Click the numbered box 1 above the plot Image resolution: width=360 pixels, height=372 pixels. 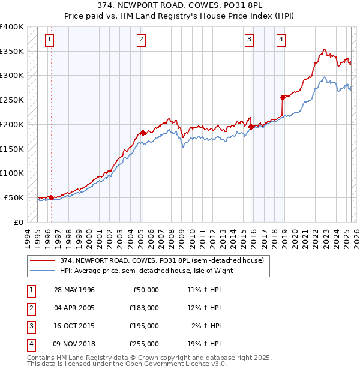click(49, 40)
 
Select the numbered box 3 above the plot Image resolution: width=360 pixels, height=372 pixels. click(248, 40)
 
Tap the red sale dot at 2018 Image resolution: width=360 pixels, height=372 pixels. click(283, 97)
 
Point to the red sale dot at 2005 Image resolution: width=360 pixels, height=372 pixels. click(143, 133)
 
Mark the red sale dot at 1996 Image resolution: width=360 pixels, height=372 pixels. click(51, 197)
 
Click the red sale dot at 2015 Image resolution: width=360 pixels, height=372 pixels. click(251, 126)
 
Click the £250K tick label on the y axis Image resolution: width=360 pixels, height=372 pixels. click(12, 100)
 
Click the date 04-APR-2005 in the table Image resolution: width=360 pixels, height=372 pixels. click(74, 308)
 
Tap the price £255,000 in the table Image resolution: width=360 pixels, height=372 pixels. click(143, 344)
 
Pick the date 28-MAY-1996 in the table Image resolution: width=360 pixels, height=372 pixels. click(74, 290)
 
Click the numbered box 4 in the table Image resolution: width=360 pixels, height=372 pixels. click(31, 344)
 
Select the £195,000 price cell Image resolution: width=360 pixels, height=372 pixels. click(143, 326)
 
